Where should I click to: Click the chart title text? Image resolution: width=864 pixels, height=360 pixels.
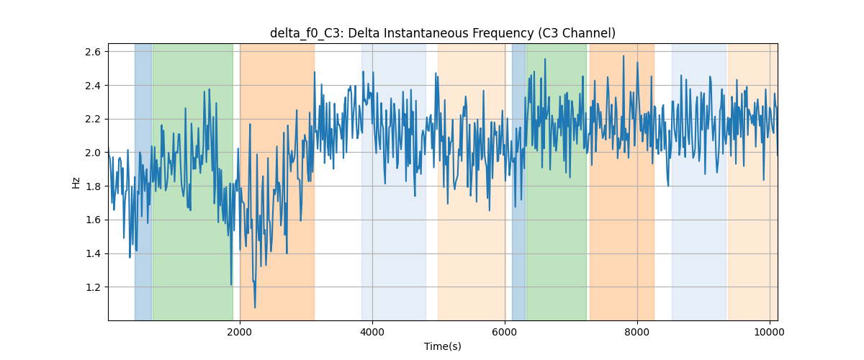coord(442,33)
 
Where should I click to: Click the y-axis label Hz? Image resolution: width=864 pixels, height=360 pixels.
coord(76,183)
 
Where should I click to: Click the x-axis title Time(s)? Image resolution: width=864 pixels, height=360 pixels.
coord(442,346)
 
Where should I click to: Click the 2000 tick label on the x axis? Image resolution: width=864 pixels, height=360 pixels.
coord(240,332)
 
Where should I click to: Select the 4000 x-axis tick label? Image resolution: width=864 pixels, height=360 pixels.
coord(372,332)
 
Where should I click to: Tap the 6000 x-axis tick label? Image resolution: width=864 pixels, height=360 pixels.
coord(505,332)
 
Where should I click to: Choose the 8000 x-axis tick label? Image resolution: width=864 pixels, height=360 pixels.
coord(637,332)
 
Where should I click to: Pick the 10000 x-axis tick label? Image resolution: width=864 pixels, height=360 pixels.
coord(770,332)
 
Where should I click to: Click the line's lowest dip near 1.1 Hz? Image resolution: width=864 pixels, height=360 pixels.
coord(255,307)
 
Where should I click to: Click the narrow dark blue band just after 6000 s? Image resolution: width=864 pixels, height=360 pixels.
coord(519,181)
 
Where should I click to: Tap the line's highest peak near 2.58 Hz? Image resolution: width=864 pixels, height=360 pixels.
coord(624,56)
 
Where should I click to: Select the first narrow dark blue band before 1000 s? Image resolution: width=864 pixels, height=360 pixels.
coord(143,181)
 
